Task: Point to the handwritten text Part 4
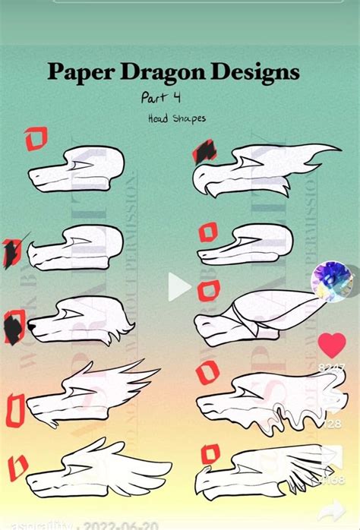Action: click(x=160, y=98)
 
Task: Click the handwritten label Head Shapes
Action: click(x=176, y=118)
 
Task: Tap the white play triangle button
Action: click(x=178, y=286)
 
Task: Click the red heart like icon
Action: click(x=331, y=345)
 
